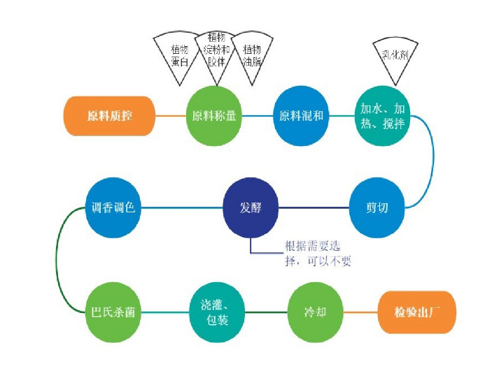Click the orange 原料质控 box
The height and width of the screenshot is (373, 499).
click(x=109, y=116)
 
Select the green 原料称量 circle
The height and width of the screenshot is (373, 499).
click(x=214, y=116)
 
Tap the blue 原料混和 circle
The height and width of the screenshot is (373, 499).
click(x=301, y=116)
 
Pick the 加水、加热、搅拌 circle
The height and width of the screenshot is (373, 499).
click(x=381, y=116)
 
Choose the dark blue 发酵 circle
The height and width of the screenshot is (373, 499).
click(x=251, y=208)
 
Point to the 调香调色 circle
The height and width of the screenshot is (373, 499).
click(x=113, y=208)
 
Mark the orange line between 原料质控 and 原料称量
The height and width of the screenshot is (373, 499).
click(x=170, y=116)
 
